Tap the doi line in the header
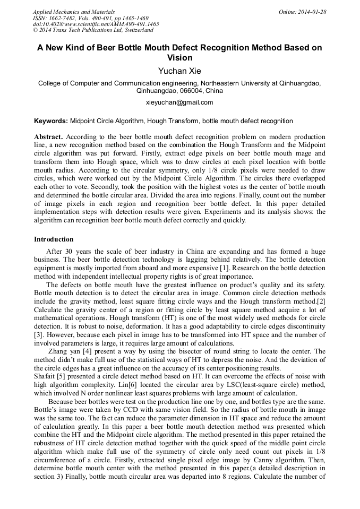click(x=96, y=24)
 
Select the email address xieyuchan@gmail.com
click(x=179, y=102)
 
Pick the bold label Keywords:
click(x=51, y=121)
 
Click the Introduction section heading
click(x=54, y=239)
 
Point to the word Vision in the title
click(x=179, y=57)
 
